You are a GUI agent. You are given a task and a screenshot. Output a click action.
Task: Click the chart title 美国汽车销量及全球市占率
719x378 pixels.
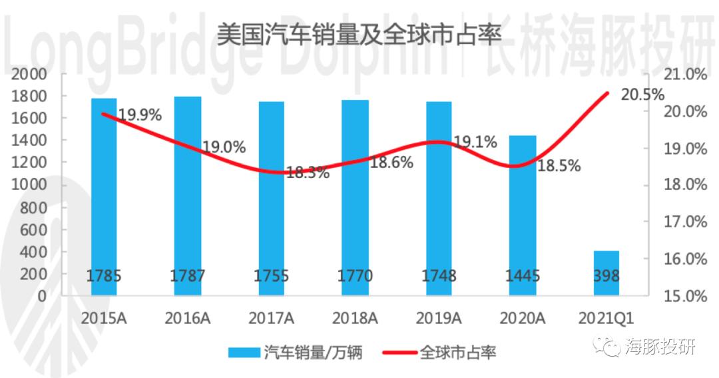point(359,34)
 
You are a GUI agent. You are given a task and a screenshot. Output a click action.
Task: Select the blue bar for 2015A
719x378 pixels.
point(104,197)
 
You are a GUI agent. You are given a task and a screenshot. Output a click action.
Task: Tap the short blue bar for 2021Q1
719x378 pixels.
point(606,273)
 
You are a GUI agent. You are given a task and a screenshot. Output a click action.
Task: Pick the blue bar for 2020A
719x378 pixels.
point(523,215)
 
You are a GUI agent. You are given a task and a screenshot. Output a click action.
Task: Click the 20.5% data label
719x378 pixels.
point(642,95)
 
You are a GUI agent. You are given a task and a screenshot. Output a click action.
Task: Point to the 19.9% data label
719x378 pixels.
point(140,115)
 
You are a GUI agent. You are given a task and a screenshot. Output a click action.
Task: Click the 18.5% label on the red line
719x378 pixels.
point(559,166)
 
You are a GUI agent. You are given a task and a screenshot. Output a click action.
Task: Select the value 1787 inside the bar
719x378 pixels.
point(188,275)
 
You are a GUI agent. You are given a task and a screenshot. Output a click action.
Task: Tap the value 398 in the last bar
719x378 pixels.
point(606,275)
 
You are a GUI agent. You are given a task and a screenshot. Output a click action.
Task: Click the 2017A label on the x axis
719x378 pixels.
point(271,318)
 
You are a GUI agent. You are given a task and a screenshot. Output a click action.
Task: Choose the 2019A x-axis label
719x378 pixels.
point(439,318)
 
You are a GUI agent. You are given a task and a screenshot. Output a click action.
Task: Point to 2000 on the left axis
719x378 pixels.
point(29,74)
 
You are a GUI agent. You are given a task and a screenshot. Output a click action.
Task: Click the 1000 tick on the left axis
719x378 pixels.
point(29,185)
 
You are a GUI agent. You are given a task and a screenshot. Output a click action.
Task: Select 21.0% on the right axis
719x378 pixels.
point(686,75)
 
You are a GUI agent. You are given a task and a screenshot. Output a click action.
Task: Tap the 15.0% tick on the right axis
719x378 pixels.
point(686,296)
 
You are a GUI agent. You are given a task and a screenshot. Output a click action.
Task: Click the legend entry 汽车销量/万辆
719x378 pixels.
point(296,353)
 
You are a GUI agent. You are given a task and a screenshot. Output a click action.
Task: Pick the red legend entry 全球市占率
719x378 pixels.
point(439,353)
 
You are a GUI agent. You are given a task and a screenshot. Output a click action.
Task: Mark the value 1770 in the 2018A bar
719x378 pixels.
point(355,275)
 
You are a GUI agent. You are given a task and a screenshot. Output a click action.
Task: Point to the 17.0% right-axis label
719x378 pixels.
point(686,222)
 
